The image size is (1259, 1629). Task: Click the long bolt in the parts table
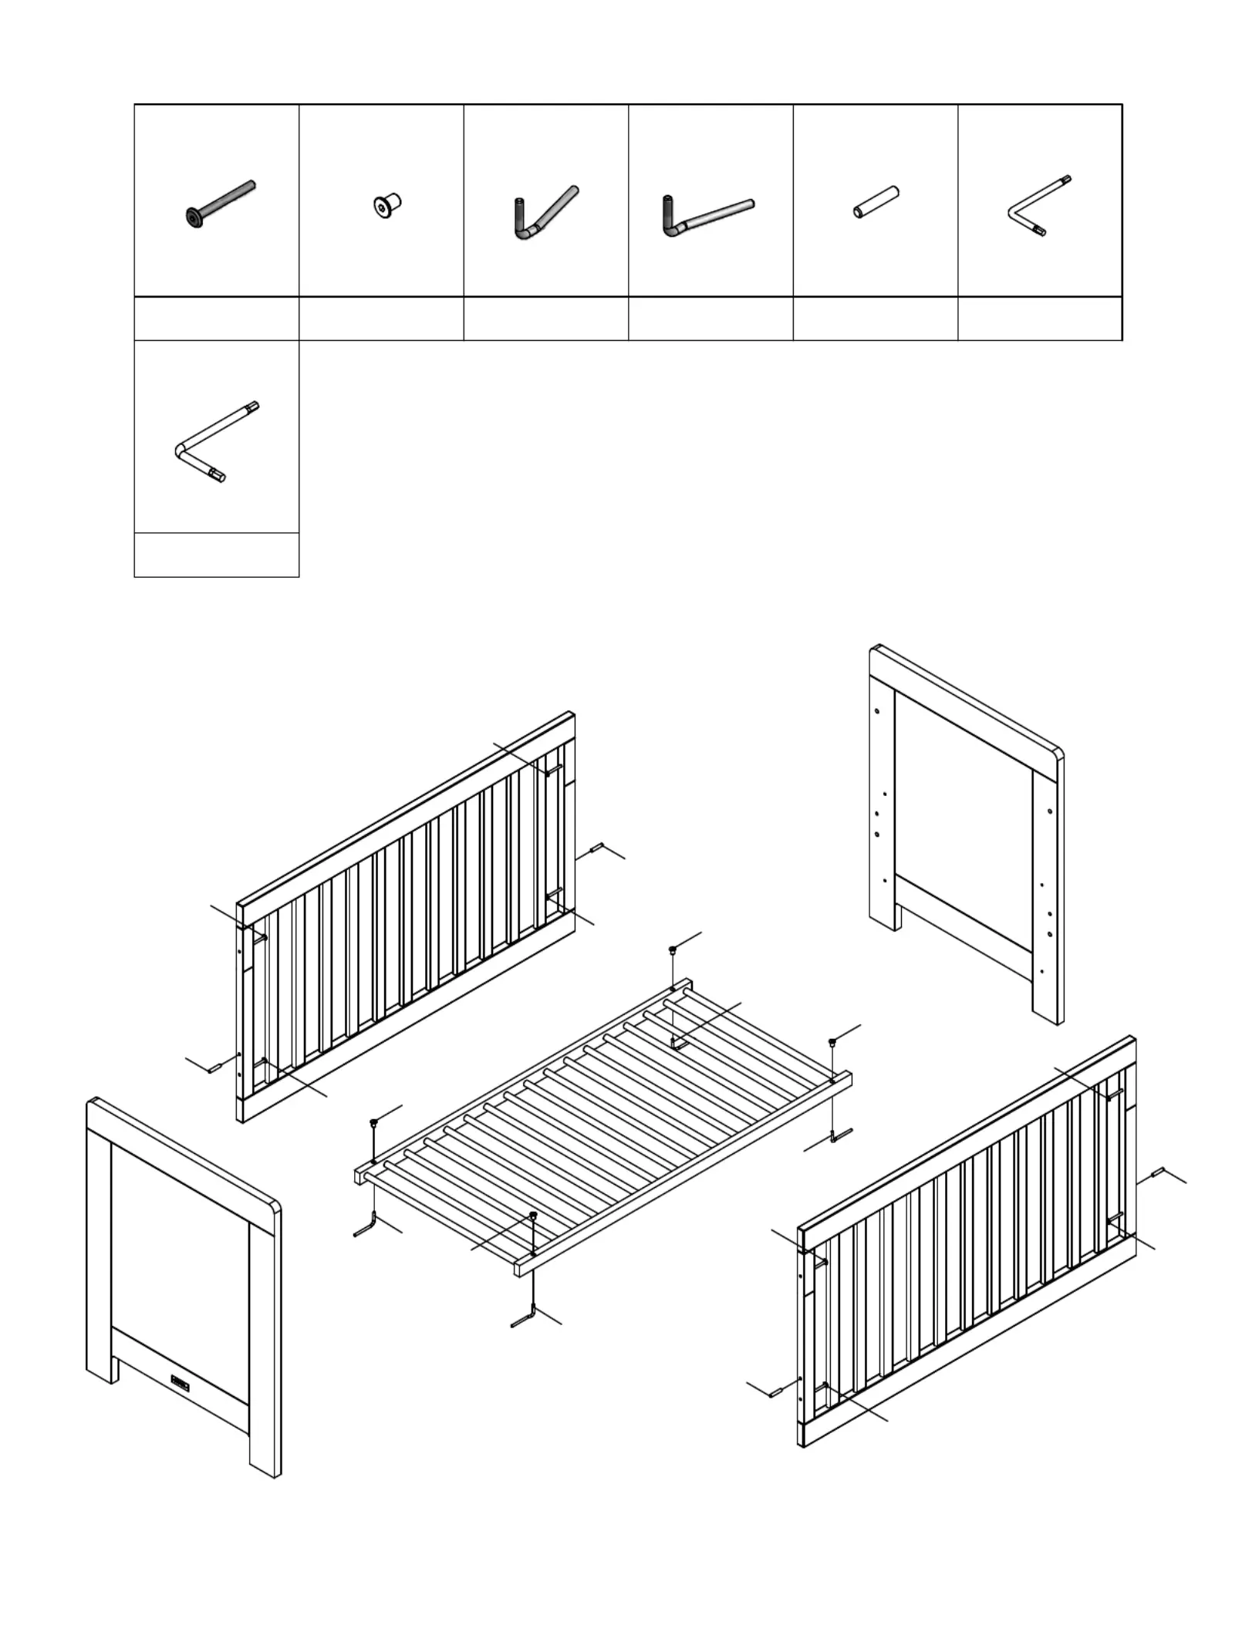tap(220, 204)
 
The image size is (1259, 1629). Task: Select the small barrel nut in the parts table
tap(386, 206)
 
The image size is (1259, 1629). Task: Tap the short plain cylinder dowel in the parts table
tap(876, 201)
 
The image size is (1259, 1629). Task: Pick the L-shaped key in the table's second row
tap(217, 442)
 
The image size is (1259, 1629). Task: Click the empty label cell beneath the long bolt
tap(217, 318)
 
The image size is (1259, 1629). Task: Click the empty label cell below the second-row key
tap(217, 555)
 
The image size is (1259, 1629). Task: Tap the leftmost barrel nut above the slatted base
tap(374, 1121)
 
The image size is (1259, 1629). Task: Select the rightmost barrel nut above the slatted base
tap(832, 1042)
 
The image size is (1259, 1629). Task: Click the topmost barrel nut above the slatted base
tap(673, 949)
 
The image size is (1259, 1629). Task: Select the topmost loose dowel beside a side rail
tap(597, 848)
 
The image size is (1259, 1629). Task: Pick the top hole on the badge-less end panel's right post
tap(1051, 810)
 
